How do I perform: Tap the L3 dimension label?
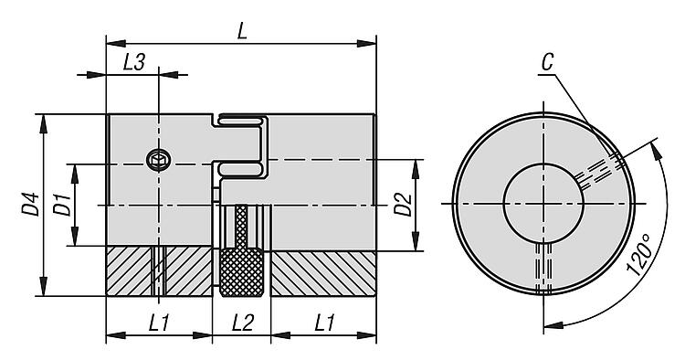(x=133, y=62)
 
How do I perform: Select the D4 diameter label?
(x=31, y=204)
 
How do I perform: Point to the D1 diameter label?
(x=62, y=204)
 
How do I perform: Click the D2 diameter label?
(x=403, y=204)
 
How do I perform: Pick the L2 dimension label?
(x=242, y=323)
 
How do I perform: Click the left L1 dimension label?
(x=159, y=323)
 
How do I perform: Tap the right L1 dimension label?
(x=324, y=323)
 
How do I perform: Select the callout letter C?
(x=548, y=62)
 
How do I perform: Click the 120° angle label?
(x=640, y=255)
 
